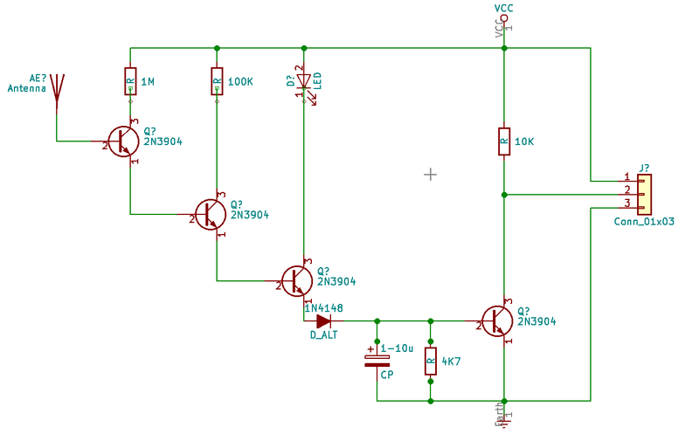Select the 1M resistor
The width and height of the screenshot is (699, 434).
(130, 82)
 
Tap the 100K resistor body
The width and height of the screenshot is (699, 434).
(217, 82)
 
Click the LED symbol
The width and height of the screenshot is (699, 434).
(303, 83)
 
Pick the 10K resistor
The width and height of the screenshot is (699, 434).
(504, 141)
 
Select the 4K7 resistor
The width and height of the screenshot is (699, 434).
(430, 361)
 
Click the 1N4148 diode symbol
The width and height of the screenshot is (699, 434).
(323, 320)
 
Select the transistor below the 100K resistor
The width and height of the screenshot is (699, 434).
(210, 214)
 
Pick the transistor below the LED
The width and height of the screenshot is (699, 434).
(297, 280)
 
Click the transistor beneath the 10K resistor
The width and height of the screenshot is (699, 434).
(498, 320)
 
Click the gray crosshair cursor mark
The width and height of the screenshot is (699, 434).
(430, 175)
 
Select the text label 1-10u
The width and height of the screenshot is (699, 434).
(398, 348)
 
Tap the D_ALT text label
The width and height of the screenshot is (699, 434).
(323, 335)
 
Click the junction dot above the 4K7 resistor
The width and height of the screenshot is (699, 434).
(430, 320)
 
